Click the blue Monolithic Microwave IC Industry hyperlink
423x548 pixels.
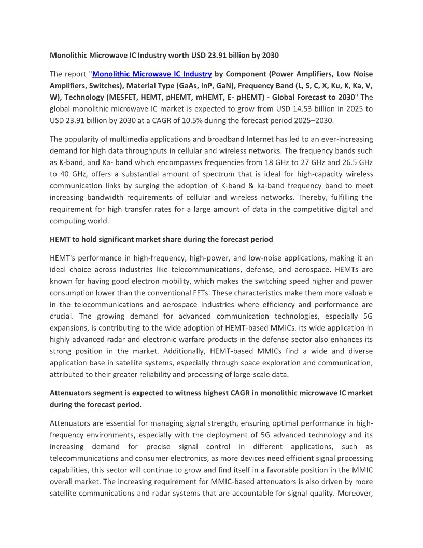[152, 74]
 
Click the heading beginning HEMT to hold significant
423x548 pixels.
[161, 239]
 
